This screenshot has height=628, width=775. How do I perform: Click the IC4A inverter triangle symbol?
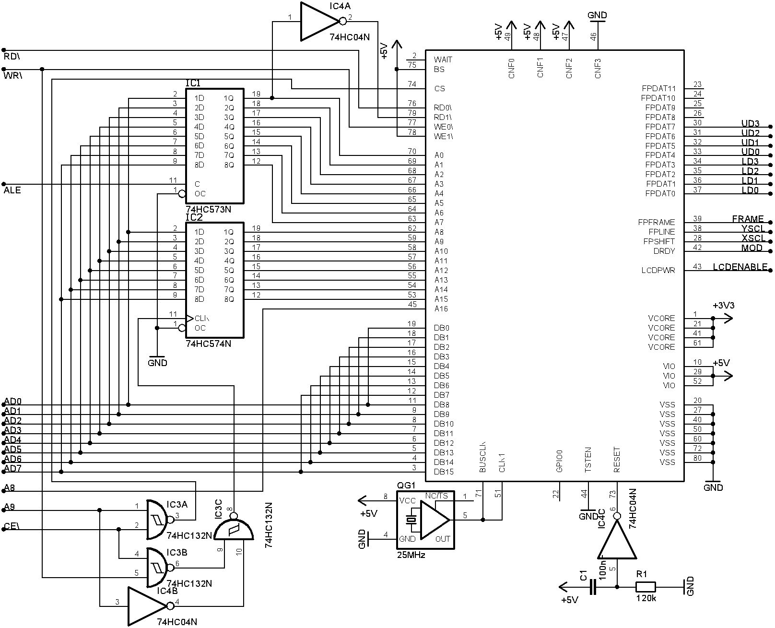tap(319, 22)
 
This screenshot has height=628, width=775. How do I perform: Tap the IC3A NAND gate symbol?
tap(157, 520)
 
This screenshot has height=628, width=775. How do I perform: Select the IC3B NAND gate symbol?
tap(157, 568)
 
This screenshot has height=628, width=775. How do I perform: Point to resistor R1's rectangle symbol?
tap(645, 587)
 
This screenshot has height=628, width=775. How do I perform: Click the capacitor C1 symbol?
tap(593, 587)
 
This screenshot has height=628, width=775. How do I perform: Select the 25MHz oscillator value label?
tap(411, 555)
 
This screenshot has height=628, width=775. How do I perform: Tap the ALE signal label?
tap(12, 190)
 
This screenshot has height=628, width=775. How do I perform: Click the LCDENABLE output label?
tap(740, 267)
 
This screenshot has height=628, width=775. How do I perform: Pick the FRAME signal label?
tap(748, 219)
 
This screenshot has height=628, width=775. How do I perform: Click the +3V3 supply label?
tap(723, 306)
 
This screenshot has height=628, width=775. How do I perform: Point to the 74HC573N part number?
tap(209, 210)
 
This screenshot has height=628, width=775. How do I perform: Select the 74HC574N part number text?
tap(209, 344)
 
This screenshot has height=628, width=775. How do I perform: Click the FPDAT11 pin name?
tap(658, 88)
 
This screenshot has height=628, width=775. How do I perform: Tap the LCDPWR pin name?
tap(658, 271)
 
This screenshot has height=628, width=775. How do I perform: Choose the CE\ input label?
tap(12, 526)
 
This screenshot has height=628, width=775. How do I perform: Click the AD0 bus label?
tap(13, 401)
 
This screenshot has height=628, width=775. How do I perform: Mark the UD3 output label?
tap(750, 124)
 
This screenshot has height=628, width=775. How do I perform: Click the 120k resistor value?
tap(646, 598)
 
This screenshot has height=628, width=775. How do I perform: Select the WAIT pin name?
tap(443, 59)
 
